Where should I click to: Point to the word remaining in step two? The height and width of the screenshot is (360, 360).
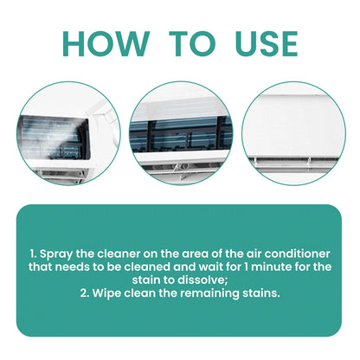click(x=216, y=293)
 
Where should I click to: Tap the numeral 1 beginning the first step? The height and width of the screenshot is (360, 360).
click(x=32, y=253)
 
